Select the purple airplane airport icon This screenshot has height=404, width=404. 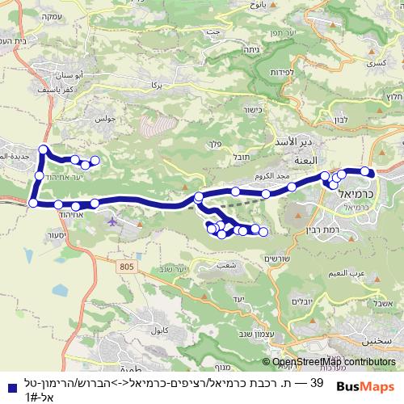coord(110,217)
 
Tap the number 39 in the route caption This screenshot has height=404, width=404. coord(317,381)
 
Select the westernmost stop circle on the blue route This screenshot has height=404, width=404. coord(33,203)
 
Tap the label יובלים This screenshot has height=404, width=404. coord(301,301)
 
